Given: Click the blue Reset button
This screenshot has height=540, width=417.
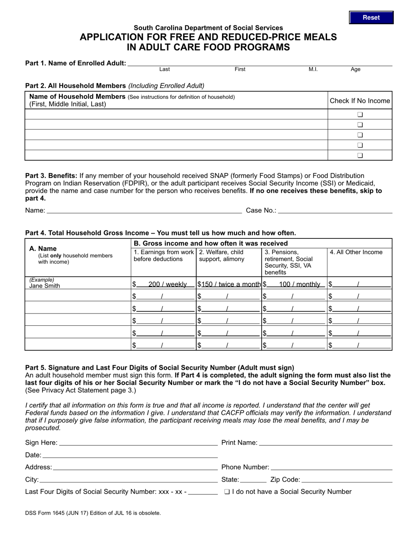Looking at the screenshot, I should click(x=371, y=18).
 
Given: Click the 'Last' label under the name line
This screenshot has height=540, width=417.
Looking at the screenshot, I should click(x=165, y=69).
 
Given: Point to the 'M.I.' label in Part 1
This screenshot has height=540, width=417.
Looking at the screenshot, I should click(x=313, y=69).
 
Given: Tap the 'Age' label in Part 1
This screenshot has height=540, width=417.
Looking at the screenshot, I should click(x=356, y=69).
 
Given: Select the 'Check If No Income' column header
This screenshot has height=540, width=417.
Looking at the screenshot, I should click(x=359, y=101).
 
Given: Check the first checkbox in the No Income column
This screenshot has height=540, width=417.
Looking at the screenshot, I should click(x=360, y=115).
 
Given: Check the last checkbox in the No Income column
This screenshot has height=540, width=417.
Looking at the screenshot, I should click(x=360, y=155).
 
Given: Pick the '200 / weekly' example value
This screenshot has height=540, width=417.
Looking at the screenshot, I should click(x=167, y=284).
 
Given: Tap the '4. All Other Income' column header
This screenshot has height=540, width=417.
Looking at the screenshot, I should click(x=356, y=252).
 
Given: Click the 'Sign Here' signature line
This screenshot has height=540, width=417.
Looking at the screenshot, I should click(x=138, y=443).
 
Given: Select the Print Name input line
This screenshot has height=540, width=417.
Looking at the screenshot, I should click(x=325, y=443).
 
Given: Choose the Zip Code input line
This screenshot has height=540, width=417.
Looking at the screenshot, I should click(x=347, y=479).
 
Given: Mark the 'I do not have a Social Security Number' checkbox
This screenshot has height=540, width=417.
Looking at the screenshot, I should click(x=226, y=492).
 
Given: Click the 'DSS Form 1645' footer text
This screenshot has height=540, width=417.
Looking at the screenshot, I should click(x=93, y=513).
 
